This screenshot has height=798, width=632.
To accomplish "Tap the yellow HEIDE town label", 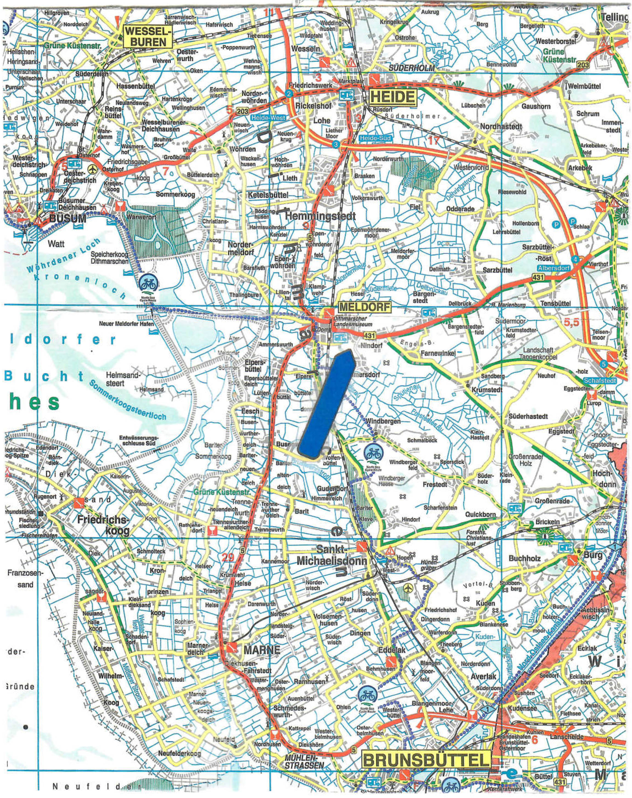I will coord(392,97).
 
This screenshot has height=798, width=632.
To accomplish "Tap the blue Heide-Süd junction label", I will coord(375,138).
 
